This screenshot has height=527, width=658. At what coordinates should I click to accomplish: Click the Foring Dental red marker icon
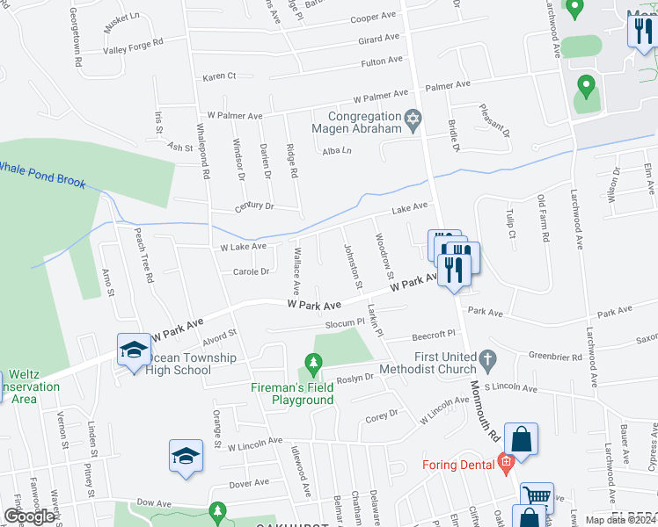click(x=505, y=461)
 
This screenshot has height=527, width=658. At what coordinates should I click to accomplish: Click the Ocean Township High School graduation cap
click(x=134, y=350)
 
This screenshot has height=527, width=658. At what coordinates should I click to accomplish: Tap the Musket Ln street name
click(x=121, y=23)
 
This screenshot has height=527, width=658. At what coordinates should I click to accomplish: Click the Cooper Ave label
click(x=373, y=18)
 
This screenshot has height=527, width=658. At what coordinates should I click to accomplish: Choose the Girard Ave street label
click(x=379, y=40)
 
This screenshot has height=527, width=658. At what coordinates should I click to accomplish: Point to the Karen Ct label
click(x=220, y=76)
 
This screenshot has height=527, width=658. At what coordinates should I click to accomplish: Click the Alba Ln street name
click(x=337, y=151)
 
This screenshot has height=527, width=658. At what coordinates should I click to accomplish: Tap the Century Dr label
click(x=255, y=206)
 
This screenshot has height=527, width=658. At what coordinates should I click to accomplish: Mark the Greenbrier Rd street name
click(x=556, y=357)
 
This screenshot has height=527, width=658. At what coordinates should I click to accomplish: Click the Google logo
click(x=29, y=516)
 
